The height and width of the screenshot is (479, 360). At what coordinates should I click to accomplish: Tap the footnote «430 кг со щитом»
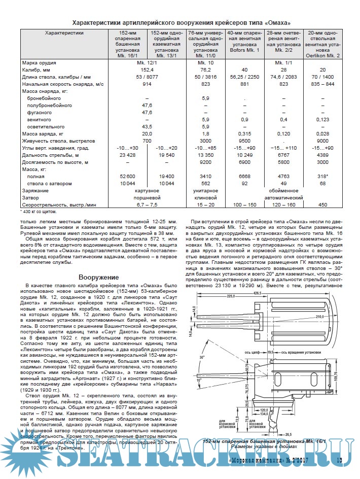[x=39, y=211]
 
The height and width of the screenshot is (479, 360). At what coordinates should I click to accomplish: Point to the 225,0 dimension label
[x=231, y=297]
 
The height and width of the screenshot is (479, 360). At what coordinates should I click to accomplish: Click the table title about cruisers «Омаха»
[x=182, y=23]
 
